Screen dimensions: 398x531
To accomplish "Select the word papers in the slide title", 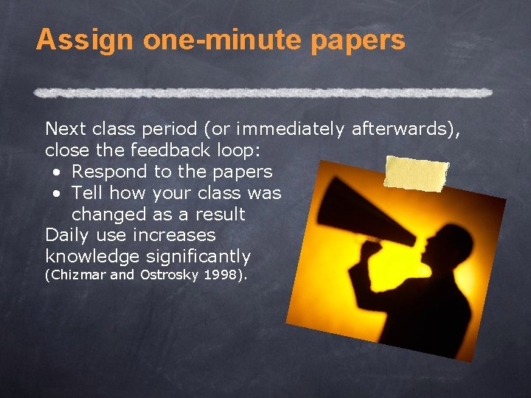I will tap(358, 41).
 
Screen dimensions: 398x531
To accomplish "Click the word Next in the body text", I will tap(66, 130).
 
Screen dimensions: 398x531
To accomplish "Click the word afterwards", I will tap(403, 130).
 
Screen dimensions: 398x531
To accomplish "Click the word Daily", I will tap(68, 236).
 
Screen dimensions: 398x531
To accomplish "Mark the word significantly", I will tap(198, 257).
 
